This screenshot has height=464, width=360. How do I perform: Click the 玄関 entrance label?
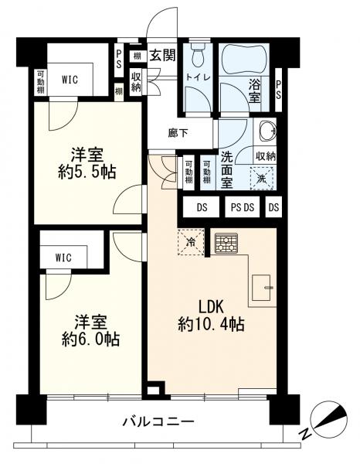pyautogui.click(x=162, y=55)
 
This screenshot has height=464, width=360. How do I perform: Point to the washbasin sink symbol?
pyautogui.click(x=268, y=131)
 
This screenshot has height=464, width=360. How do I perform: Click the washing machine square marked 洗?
pyautogui.click(x=262, y=179)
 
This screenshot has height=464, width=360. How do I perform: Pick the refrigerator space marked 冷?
pyautogui.click(x=191, y=242)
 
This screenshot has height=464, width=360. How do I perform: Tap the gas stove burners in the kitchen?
pyautogui.click(x=226, y=244)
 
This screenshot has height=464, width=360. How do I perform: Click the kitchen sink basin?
pyautogui.click(x=261, y=288)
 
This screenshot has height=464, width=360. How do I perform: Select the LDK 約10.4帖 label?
pyautogui.click(x=211, y=316)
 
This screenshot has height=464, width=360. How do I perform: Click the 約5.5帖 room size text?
pyautogui.click(x=87, y=172)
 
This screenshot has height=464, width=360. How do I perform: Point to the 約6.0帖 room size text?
pyautogui.click(x=90, y=339)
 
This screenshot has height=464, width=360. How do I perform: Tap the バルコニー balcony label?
pyautogui.click(x=158, y=421)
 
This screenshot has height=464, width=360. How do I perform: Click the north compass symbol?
pyautogui.click(x=328, y=417)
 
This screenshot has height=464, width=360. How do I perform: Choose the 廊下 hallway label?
pyautogui.click(x=178, y=134)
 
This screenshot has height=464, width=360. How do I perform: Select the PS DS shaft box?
pyautogui.click(x=243, y=207)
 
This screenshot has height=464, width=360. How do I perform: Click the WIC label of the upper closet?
pyautogui.click(x=70, y=79)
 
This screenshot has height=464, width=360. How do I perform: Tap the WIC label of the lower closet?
pyautogui.click(x=63, y=258)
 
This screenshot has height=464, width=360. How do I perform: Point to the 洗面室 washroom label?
pyautogui.click(x=226, y=170)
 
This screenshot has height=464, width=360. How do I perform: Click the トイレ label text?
pyautogui.click(x=198, y=77)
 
